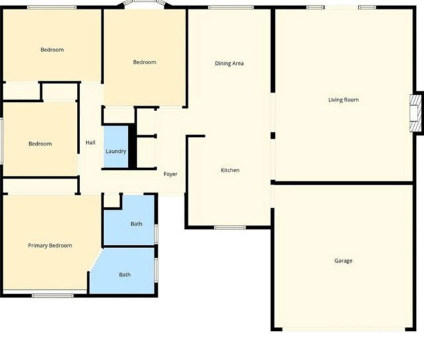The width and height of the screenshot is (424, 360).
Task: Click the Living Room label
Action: tap(343, 100)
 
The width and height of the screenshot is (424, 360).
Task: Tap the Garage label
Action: tap(343, 261)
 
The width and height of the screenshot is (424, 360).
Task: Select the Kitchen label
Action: tap(230, 171)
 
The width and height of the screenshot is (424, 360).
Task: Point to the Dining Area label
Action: tap(230, 64)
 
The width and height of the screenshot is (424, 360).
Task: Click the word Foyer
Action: tap(170, 174)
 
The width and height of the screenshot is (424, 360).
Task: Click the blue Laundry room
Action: tap(116, 152)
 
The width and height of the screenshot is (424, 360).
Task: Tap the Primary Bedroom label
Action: tap(50, 246)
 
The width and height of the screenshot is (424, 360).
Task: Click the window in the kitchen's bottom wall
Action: tap(230, 228)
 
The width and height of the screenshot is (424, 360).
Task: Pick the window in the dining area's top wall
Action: tap(230, 7)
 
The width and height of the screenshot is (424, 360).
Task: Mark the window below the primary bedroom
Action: tap(52, 295)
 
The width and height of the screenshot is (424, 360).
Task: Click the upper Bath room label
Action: tap(136, 224)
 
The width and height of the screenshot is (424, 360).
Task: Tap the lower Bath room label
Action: tap(125, 275)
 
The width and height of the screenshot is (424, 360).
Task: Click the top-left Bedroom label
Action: tap(52, 50)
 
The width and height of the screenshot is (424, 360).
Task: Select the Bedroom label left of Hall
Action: tap(40, 144)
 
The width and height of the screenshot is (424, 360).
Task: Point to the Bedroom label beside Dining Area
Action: tap(144, 62)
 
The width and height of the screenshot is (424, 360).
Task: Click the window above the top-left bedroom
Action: tap(52, 7)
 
